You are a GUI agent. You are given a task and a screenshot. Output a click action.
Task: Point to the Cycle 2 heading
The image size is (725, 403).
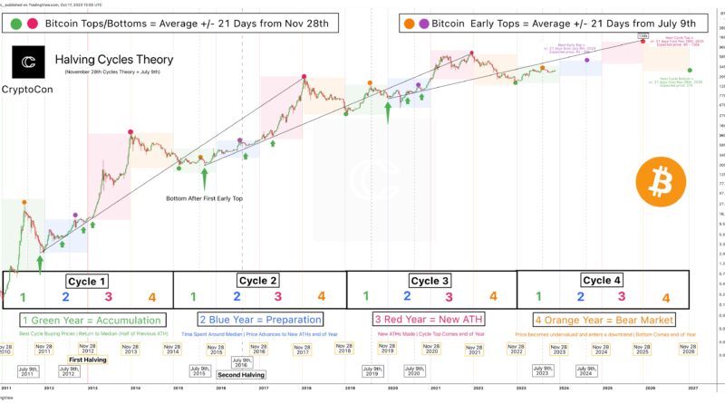pyautogui.click(x=258, y=280)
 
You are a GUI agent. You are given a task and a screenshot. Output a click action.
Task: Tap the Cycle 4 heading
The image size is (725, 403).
pyautogui.click(x=602, y=280)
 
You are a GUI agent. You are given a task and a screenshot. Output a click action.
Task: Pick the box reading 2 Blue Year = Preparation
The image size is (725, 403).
pyautogui.click(x=262, y=320)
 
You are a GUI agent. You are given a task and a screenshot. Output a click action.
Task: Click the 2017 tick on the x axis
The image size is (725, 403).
pyautogui.click(x=263, y=387)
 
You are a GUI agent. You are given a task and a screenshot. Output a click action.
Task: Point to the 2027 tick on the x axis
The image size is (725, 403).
pyautogui.click(x=693, y=387)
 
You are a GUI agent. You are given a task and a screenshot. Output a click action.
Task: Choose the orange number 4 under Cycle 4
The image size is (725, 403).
pyautogui.click(x=666, y=297)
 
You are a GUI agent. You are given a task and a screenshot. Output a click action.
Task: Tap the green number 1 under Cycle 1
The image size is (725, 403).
pyautogui.click(x=24, y=296)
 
